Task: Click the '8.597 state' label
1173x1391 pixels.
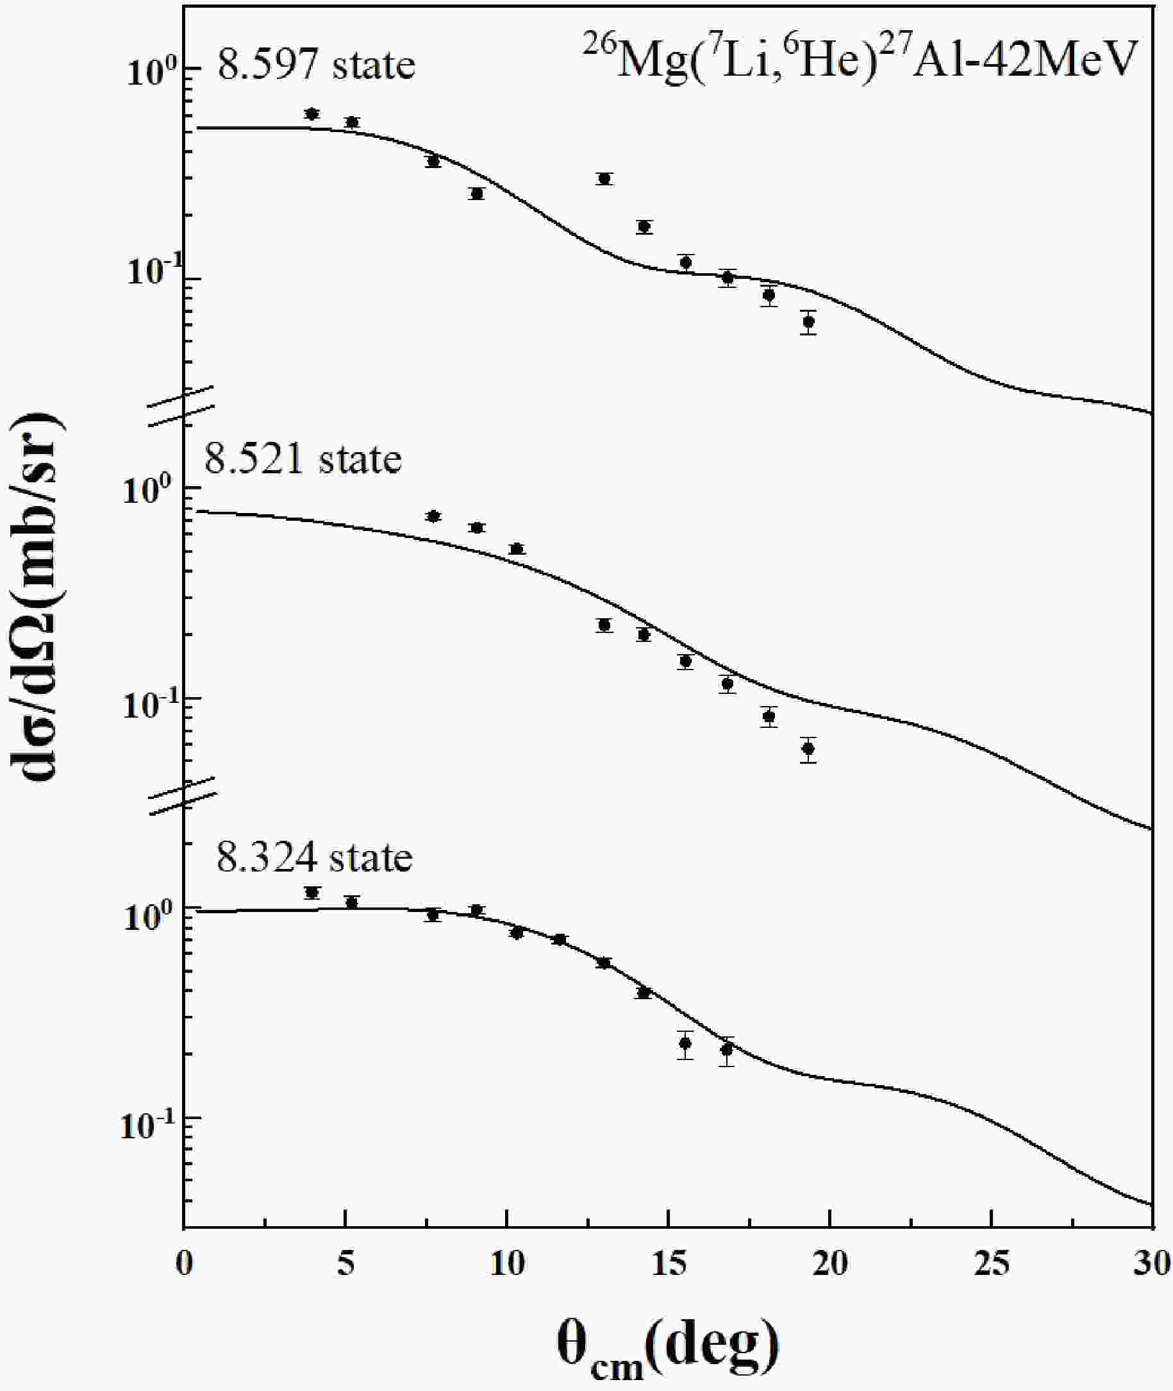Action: [317, 65]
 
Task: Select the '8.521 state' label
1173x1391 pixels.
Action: [303, 459]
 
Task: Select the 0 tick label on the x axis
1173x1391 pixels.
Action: [184, 1263]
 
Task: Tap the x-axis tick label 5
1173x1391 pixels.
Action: [345, 1263]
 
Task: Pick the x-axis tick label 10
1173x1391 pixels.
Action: [507, 1263]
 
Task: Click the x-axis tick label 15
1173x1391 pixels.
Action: [669, 1263]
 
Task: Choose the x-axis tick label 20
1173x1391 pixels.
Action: [830, 1263]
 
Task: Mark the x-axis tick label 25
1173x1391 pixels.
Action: [992, 1263]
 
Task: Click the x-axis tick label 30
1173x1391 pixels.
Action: [1152, 1263]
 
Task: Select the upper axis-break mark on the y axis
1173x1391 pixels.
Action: [181, 406]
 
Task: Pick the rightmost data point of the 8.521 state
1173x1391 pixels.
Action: [808, 749]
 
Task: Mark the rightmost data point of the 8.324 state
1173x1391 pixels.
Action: [727, 1050]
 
